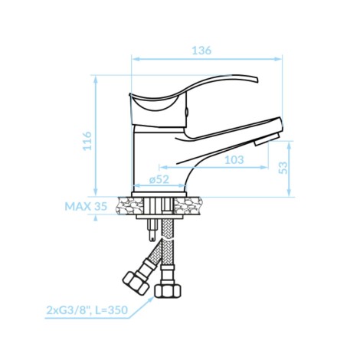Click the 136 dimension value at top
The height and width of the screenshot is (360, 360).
[x=201, y=51]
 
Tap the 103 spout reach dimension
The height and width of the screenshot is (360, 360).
[x=234, y=160]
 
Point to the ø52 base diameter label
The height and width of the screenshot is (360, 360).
[x=159, y=179]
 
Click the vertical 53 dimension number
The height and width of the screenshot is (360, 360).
[x=283, y=168]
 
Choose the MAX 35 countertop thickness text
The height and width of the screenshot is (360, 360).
[x=86, y=206]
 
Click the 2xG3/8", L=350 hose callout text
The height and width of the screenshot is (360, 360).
[x=87, y=310]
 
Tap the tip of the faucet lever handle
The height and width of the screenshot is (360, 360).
[x=257, y=80]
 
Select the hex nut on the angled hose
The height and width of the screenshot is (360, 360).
[x=136, y=283]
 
